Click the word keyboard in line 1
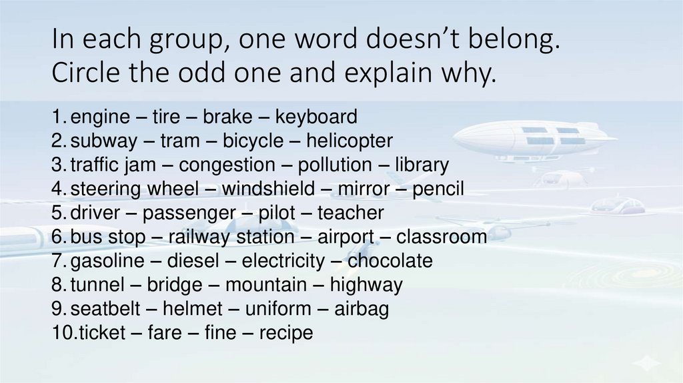tap(316, 117)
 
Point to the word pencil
tap(438, 189)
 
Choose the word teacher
tap(351, 214)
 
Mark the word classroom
tap(442, 237)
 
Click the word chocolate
tap(390, 261)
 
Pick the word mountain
tap(264, 285)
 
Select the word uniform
tap(278, 309)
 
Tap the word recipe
tap(286, 333)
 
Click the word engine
tap(100, 117)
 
